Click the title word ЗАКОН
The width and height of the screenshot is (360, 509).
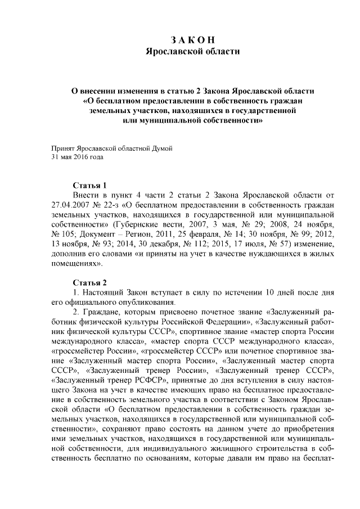coord(192,39)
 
